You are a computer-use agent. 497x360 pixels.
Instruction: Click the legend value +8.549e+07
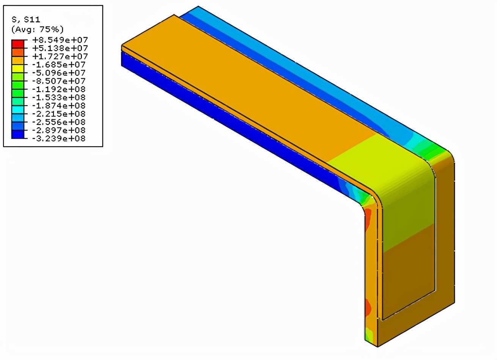coord(60,40)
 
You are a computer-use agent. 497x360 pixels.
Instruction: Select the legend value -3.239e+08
coord(59,139)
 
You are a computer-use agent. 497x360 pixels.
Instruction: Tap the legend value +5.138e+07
coord(60,48)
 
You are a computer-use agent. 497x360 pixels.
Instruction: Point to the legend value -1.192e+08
coord(59,89)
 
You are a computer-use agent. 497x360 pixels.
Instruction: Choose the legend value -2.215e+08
coord(59,114)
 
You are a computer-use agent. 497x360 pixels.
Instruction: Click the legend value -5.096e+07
coord(59,73)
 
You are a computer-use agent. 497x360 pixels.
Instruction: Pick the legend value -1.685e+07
coord(59,65)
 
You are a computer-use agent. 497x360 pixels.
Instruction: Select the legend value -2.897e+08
coord(59,130)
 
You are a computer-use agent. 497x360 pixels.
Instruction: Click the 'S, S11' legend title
coord(26,19)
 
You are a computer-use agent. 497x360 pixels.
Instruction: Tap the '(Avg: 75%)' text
coord(37,29)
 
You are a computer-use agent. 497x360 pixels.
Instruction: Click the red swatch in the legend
coord(17,44)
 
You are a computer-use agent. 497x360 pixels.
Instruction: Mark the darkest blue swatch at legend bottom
coord(17,134)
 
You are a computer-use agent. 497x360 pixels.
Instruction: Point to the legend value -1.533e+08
coord(59,98)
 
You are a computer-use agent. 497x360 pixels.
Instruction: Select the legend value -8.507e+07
coord(59,81)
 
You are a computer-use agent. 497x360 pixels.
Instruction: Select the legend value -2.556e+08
coord(59,122)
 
